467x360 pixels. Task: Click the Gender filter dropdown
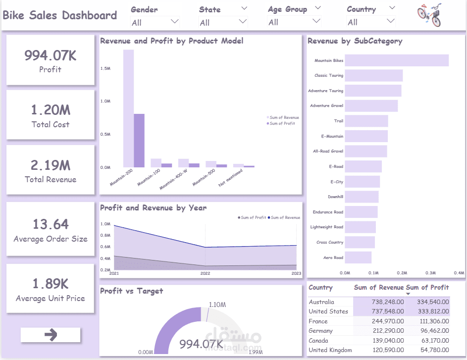click(x=155, y=22)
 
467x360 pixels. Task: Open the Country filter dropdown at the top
click(x=371, y=22)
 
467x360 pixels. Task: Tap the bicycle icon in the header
click(x=429, y=15)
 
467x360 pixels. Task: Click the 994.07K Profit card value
click(x=51, y=55)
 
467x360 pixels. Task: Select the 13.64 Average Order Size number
click(x=51, y=224)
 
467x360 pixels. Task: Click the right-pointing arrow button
click(x=51, y=335)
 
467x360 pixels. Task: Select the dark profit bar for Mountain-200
click(x=139, y=141)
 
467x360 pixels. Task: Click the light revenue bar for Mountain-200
click(x=128, y=108)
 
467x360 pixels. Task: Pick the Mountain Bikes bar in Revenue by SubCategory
click(x=396, y=60)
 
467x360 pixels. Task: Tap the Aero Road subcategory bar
click(x=358, y=257)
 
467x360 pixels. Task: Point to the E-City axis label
click(x=336, y=182)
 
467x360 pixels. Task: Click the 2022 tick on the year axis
click(x=205, y=273)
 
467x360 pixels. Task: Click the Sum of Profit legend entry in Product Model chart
click(x=282, y=123)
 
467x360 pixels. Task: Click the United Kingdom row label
click(x=330, y=350)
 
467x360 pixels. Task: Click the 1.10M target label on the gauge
click(x=217, y=305)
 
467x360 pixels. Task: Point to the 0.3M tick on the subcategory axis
click(x=430, y=273)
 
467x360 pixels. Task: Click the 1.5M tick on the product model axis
click(x=105, y=68)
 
